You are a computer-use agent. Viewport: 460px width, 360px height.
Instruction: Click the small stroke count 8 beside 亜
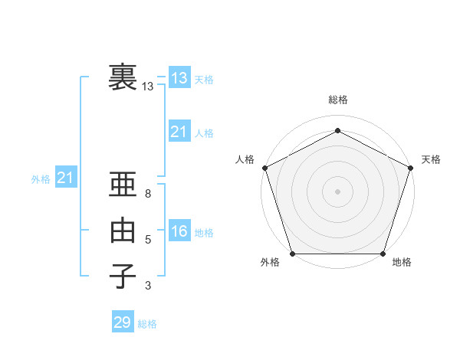click(148, 194)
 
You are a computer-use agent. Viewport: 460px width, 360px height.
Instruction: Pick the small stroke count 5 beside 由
click(148, 240)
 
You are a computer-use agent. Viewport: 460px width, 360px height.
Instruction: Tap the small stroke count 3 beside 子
click(148, 286)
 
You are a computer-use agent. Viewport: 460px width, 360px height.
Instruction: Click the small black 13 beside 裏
click(148, 87)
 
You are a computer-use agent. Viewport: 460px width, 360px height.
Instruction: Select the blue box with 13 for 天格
click(179, 78)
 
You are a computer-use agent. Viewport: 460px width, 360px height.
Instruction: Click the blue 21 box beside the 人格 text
click(179, 132)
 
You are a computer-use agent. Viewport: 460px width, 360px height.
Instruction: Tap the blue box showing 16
click(179, 231)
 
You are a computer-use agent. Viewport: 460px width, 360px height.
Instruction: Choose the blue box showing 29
click(122, 322)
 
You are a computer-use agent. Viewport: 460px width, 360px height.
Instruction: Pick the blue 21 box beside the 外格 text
click(65, 178)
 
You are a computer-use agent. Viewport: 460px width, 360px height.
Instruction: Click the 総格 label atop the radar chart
click(337, 100)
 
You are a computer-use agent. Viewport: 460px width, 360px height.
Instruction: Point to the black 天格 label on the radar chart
click(431, 159)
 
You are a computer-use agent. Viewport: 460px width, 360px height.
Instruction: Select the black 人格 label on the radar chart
click(245, 159)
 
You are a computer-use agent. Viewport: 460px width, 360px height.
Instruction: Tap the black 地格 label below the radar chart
click(402, 263)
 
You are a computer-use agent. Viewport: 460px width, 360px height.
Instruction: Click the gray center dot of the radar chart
click(337, 191)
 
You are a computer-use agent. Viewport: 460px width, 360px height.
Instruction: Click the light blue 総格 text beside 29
click(147, 324)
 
